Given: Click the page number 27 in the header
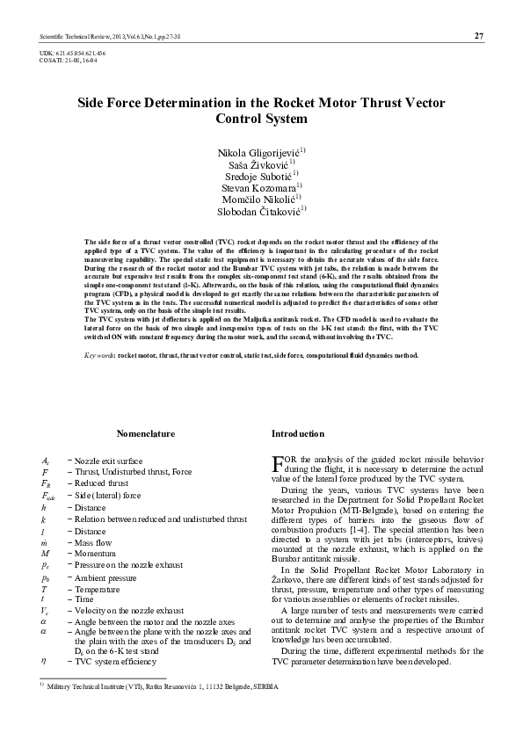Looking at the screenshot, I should point(478,35).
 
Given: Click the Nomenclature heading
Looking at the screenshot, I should point(146,434).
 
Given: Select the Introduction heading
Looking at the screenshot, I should point(298,434).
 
